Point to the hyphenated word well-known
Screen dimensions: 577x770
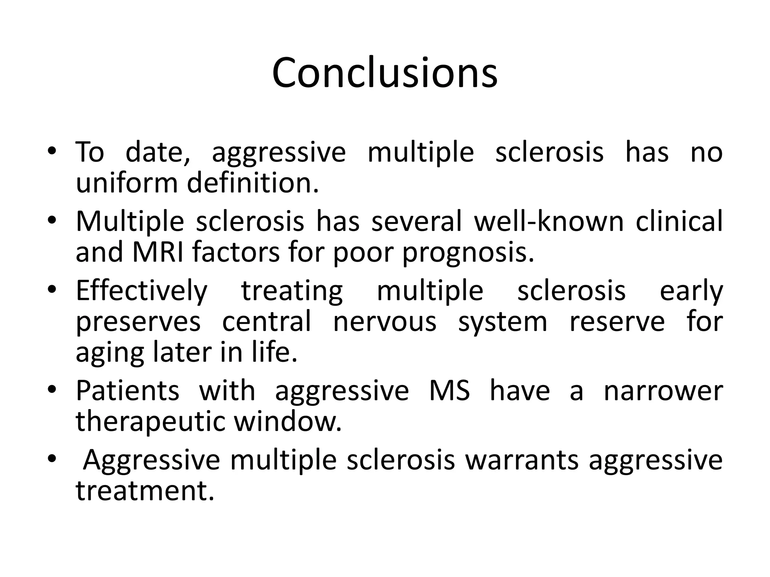click(x=549, y=221)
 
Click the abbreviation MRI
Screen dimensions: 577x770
click(x=158, y=252)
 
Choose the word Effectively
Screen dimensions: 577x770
click(x=141, y=291)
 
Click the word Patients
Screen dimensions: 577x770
click(x=127, y=391)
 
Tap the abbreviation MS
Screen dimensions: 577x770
click(x=449, y=391)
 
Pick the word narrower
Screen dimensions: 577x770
click(x=663, y=391)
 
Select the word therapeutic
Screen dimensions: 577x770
click(x=150, y=422)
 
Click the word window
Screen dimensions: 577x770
click(x=288, y=421)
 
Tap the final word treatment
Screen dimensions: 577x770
click(x=145, y=491)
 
